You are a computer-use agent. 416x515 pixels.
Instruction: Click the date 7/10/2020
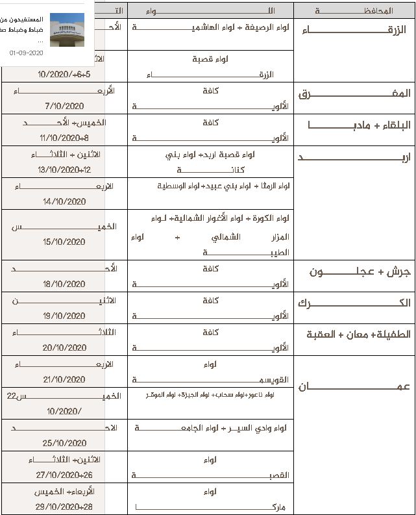click(x=65, y=106)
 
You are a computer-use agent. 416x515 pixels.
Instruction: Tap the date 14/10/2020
click(x=65, y=202)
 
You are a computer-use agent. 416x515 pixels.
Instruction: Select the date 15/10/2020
click(x=65, y=242)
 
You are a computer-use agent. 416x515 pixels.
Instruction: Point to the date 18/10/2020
click(x=65, y=284)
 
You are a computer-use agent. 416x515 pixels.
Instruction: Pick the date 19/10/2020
click(x=65, y=316)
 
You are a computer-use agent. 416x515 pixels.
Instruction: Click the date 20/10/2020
click(x=65, y=347)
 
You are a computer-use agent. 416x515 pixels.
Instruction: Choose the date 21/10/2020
click(x=65, y=379)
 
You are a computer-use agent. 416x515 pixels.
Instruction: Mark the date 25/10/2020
click(x=65, y=443)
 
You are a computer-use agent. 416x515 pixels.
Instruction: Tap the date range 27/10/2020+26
click(x=64, y=475)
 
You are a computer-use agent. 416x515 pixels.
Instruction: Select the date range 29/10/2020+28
click(x=64, y=506)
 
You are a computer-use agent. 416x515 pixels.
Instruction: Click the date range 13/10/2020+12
click(x=65, y=170)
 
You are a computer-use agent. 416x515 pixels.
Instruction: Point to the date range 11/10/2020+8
click(x=64, y=138)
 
